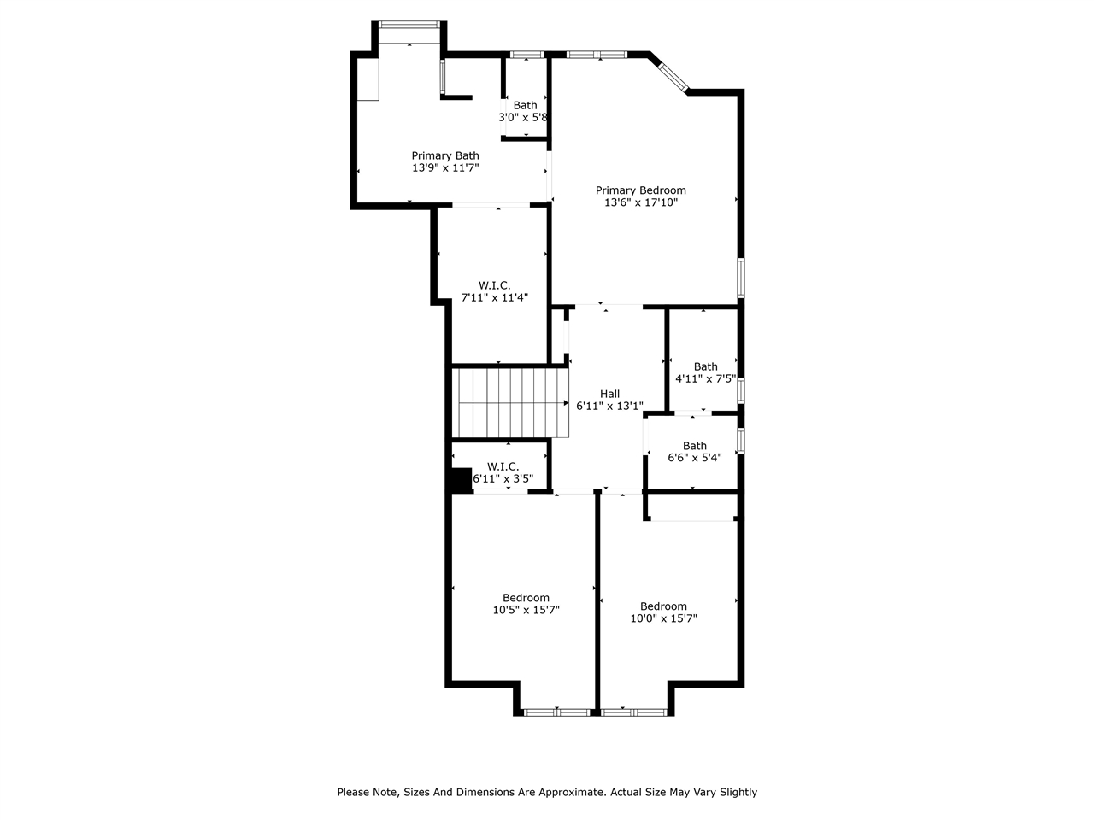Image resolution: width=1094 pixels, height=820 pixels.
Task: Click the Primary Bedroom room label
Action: coord(640,190)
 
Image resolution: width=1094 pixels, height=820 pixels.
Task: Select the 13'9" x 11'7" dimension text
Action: coord(444,168)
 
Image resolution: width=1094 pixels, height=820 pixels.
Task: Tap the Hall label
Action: coord(609,394)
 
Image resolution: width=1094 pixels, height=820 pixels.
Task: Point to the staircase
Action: coord(509,402)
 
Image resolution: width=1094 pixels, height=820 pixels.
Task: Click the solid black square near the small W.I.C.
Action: coord(461,480)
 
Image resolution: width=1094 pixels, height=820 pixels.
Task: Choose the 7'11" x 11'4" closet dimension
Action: coord(495,297)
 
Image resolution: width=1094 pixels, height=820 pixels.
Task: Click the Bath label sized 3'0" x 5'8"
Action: coord(525,105)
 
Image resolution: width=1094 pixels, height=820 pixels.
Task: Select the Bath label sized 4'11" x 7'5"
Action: coord(705,366)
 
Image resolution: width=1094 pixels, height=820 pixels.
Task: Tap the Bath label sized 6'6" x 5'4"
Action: coord(694,445)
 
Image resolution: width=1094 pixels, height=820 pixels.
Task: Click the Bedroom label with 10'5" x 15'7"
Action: coord(526,597)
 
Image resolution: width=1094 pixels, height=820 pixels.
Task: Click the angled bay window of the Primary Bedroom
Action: coord(671,74)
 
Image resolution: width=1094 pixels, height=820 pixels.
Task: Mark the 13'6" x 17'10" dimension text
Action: coord(640,203)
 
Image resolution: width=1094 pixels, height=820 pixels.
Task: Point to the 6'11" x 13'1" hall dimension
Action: coord(609,407)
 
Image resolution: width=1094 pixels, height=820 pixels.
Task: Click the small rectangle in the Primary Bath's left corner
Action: coord(368,79)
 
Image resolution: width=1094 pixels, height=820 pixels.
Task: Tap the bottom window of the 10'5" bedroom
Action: coord(556,711)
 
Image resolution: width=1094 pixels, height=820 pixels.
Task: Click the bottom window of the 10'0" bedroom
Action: coord(633,711)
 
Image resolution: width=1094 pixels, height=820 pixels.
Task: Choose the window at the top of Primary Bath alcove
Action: coord(409,26)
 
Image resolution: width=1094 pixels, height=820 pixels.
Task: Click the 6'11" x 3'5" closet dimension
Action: coord(503,479)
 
